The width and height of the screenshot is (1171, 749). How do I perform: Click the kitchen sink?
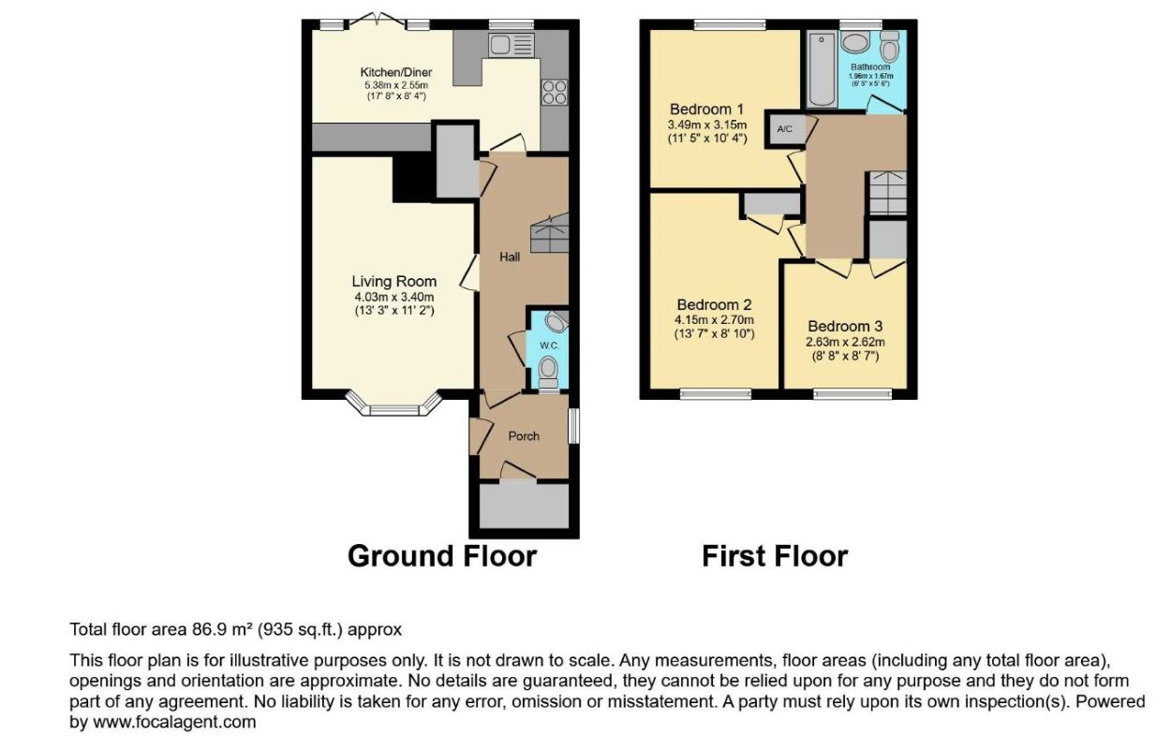click(x=511, y=45)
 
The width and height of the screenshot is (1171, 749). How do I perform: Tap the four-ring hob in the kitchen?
click(x=555, y=93)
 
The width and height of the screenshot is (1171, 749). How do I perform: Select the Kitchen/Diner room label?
click(x=395, y=72)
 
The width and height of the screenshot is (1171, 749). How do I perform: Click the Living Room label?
click(x=394, y=282)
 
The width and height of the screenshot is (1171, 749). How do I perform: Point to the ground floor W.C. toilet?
click(x=548, y=371)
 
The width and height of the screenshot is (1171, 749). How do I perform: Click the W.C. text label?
click(x=549, y=345)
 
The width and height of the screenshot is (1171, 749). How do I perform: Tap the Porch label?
click(x=524, y=436)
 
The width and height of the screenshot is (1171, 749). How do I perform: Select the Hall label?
click(x=510, y=257)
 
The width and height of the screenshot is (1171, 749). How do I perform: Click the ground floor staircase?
click(x=549, y=233)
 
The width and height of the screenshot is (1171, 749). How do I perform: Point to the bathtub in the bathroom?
click(x=823, y=69)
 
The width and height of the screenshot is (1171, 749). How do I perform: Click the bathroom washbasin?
click(x=856, y=43)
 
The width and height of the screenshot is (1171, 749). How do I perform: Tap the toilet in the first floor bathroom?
click(x=889, y=47)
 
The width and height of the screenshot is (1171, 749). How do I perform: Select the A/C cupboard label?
click(x=785, y=129)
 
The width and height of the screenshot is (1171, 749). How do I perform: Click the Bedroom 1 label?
click(x=706, y=110)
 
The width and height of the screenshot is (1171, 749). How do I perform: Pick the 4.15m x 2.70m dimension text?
click(x=714, y=319)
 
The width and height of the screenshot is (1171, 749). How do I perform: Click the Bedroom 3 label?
click(x=845, y=327)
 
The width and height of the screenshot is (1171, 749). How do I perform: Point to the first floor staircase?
click(x=888, y=193)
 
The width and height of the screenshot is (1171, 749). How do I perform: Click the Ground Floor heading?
click(x=442, y=556)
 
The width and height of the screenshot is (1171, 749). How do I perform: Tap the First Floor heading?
click(x=775, y=556)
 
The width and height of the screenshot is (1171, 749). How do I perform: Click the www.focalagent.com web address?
click(x=174, y=723)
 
